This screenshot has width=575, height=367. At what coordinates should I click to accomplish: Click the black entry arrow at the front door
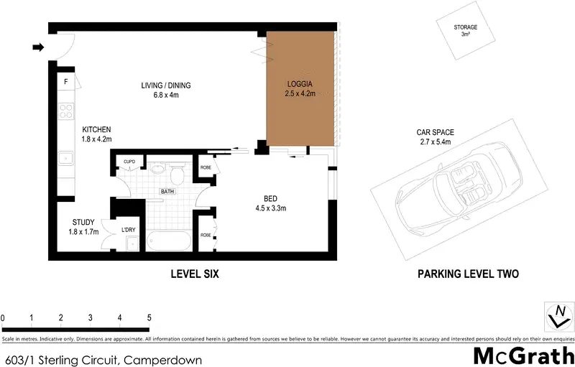[38, 47]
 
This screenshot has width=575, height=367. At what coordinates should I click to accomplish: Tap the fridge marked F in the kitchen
[66, 81]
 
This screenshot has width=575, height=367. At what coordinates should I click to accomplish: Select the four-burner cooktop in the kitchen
[66, 111]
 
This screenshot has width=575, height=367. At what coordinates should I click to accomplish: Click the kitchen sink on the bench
[66, 159]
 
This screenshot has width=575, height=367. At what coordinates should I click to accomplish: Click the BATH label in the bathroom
[167, 192]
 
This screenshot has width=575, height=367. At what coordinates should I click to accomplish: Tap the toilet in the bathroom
[177, 175]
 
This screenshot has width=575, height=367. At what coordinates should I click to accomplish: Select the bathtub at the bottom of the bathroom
[169, 241]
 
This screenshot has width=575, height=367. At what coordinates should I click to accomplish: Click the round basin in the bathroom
[158, 169]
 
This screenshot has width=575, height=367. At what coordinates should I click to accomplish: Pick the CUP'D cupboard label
[129, 162]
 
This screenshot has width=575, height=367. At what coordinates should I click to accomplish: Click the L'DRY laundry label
[129, 230]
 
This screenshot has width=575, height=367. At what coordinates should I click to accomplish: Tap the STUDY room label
[83, 222]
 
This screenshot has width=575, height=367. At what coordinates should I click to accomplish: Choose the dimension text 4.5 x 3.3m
[271, 208]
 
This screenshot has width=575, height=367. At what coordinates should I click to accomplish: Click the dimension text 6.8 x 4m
[166, 95]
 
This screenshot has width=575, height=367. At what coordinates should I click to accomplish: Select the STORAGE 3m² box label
[465, 30]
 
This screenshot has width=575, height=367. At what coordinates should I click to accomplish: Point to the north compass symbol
[560, 316]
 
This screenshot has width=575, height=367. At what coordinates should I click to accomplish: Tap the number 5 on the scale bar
[149, 317]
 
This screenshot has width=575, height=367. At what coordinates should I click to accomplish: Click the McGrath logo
[524, 356]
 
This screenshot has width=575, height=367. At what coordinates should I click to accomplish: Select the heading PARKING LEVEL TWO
[469, 274]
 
